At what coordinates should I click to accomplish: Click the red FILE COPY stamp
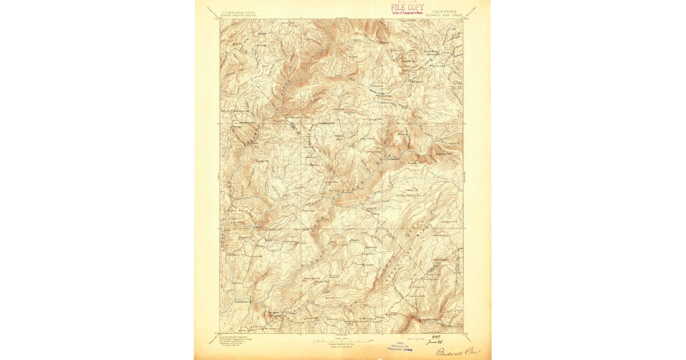[x=407, y=7]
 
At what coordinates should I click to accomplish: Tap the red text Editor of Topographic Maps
[x=408, y=13]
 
